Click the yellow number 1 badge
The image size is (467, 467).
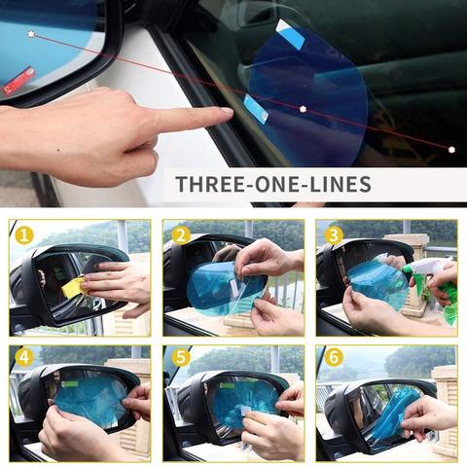pyautogui.click(x=24, y=235)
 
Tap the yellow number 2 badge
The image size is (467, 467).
pyautogui.click(x=181, y=235)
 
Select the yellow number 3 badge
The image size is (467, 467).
pyautogui.click(x=334, y=235)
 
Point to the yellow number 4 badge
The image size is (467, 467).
pyautogui.click(x=24, y=358)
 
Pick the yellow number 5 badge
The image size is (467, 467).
pyautogui.click(x=181, y=358)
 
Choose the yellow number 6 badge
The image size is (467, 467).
pyautogui.click(x=334, y=357)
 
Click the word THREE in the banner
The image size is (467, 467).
pyautogui.click(x=212, y=184)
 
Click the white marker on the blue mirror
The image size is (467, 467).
pyautogui.click(x=31, y=34)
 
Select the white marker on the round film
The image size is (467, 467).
pyautogui.click(x=303, y=109)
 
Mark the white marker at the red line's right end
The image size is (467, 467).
pyautogui.click(x=451, y=150)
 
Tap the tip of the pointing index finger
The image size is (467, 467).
pyautogui.click(x=231, y=112)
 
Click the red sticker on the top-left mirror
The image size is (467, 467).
pyautogui.click(x=18, y=81)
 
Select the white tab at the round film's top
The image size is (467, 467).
pyautogui.click(x=290, y=34)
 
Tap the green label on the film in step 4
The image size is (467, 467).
pyautogui.click(x=70, y=384)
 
